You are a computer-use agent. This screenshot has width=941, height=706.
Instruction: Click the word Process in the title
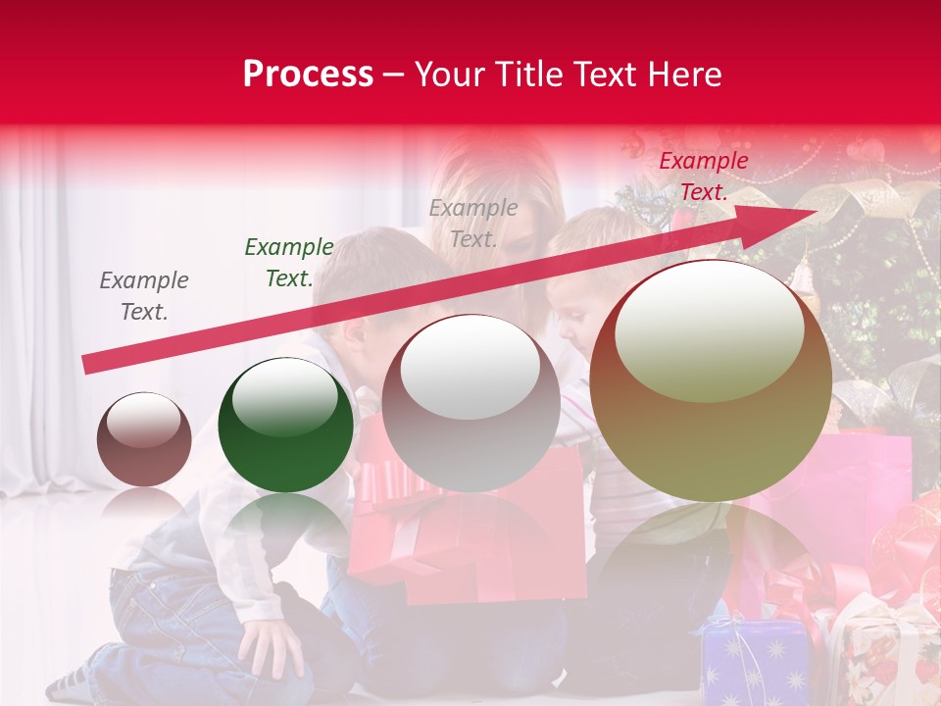point(308,75)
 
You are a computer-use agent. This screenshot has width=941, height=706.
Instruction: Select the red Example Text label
point(703,176)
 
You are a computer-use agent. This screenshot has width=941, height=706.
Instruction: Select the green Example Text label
point(288,263)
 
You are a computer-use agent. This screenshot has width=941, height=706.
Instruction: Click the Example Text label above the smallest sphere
point(144,296)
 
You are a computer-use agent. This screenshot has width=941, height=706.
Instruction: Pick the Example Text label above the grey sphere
point(473,224)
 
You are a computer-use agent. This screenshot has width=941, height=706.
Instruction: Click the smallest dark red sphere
point(144,440)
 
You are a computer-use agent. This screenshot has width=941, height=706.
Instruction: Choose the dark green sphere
point(285,426)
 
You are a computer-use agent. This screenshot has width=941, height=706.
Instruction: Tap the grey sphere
point(470,404)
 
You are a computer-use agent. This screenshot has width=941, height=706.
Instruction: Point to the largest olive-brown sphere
point(711,382)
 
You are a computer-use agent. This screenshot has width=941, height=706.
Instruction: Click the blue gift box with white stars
point(755,662)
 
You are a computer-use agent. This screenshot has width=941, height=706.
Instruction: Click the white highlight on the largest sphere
point(709,331)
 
